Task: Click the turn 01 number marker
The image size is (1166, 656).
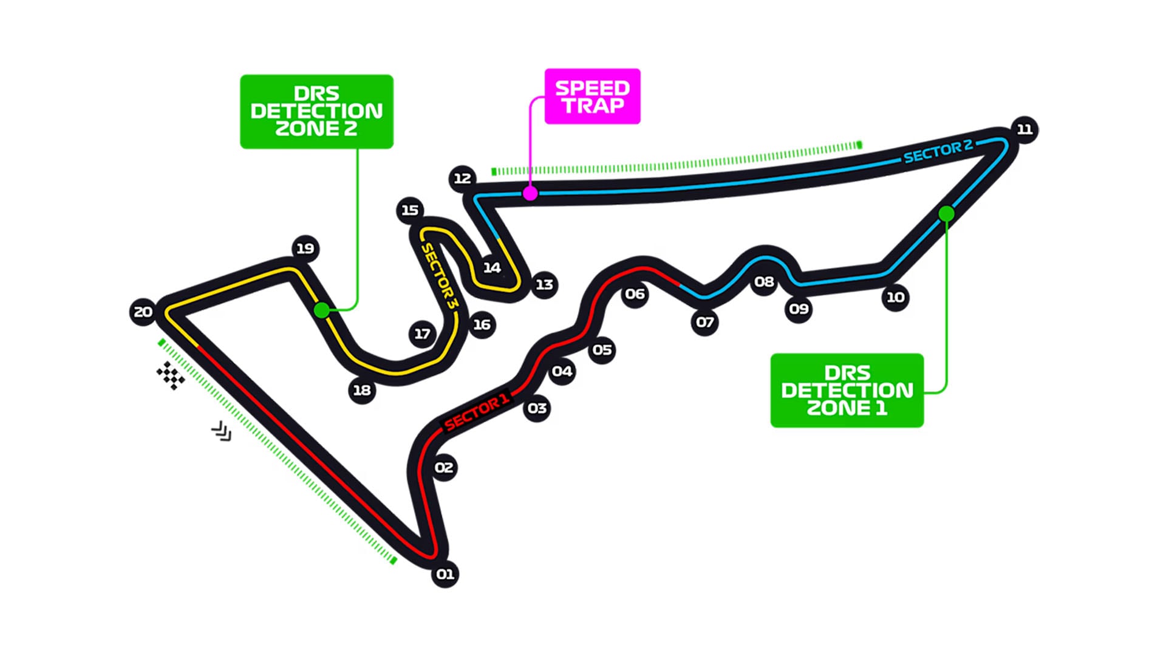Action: point(445,574)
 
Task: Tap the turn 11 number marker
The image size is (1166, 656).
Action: point(1025,129)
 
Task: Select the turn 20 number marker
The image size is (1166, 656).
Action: point(143,312)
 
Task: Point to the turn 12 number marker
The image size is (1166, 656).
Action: point(463,178)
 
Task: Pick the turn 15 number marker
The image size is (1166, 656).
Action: point(410,210)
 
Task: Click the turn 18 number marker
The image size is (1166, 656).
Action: point(362,390)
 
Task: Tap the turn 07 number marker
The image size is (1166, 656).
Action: point(705,322)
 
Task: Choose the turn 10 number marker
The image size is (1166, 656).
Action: point(896,297)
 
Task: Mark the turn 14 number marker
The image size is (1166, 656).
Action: point(492,267)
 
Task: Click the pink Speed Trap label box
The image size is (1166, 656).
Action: point(592,97)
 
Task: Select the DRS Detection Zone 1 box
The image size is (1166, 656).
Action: point(847,391)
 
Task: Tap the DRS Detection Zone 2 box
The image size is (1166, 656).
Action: point(316,112)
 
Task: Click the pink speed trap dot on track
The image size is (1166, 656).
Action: point(530,193)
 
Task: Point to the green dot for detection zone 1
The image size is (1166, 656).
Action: point(946,214)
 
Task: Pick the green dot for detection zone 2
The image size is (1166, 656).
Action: point(322,310)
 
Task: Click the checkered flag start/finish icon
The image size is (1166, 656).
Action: point(171,375)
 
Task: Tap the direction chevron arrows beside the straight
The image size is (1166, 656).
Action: point(222,431)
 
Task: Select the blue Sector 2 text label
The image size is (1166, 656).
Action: point(938,151)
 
